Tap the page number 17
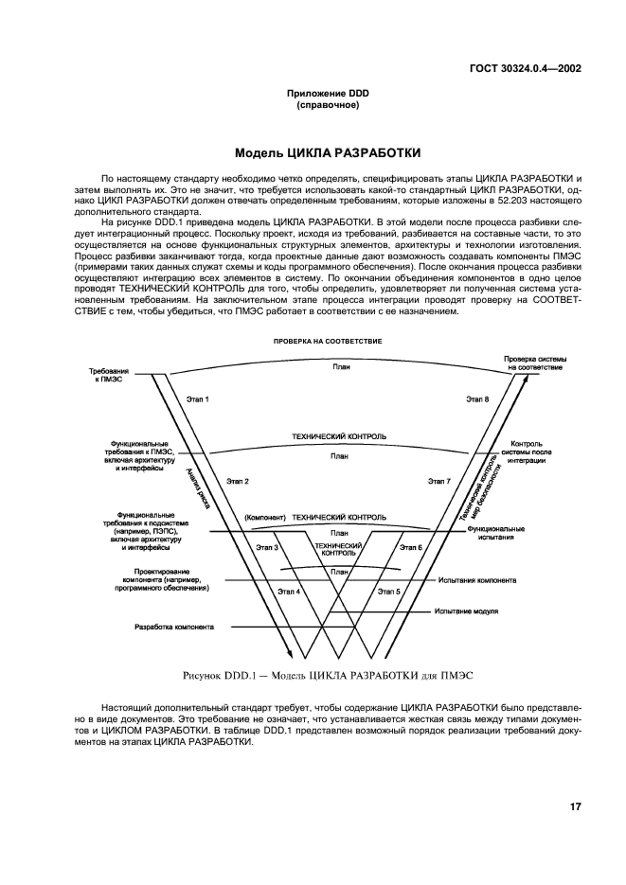(x=575, y=806)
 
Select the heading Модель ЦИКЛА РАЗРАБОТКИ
(x=313, y=151)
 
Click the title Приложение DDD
(x=313, y=92)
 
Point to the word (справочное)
(x=313, y=104)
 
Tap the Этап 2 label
(x=238, y=481)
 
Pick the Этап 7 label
(x=438, y=481)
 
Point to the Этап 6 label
(x=410, y=547)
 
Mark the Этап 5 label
(x=388, y=591)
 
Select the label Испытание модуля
(x=467, y=611)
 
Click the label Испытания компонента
(x=477, y=580)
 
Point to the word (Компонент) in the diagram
(x=264, y=518)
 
